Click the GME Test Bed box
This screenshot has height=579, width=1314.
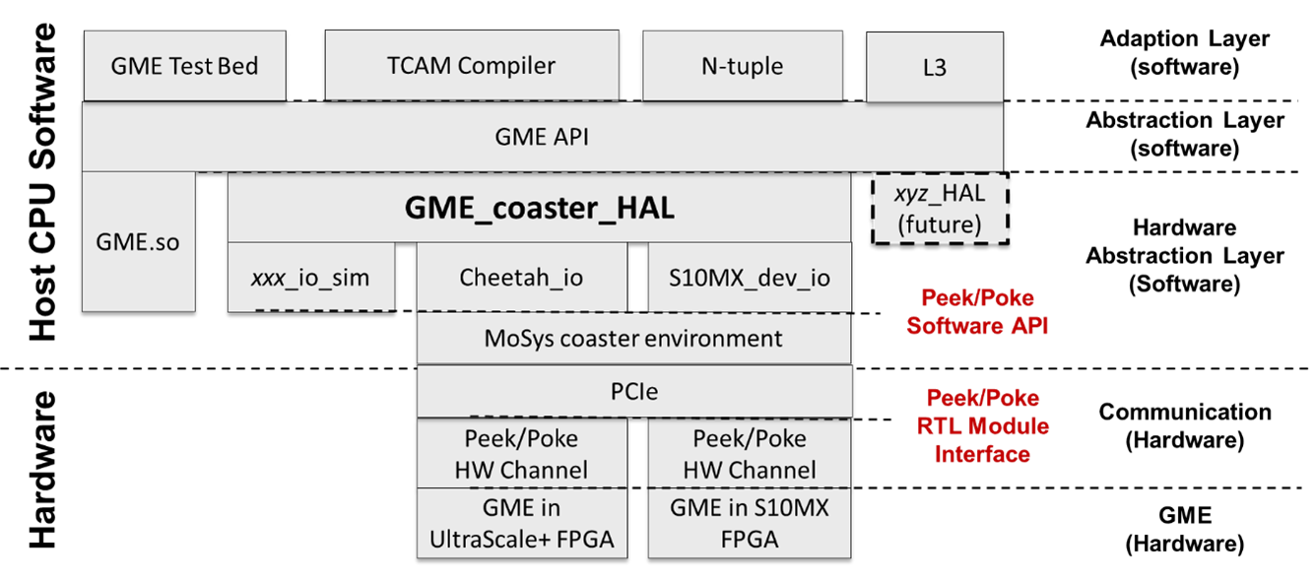click(184, 66)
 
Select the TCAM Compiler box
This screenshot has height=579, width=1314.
click(471, 66)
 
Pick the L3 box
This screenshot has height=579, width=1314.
click(934, 69)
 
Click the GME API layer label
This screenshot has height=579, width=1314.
click(541, 137)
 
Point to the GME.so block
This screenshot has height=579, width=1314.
click(137, 241)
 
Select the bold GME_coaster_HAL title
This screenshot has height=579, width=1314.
click(540, 209)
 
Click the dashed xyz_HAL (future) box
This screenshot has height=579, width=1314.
click(940, 209)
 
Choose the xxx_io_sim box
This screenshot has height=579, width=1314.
click(310, 278)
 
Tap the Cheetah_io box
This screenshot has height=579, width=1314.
click(521, 278)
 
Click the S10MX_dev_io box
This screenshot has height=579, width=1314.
click(749, 278)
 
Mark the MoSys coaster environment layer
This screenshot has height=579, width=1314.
click(633, 339)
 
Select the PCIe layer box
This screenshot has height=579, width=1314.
click(633, 392)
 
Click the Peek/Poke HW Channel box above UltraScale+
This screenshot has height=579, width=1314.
click(521, 454)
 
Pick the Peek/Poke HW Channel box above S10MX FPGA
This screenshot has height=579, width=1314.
click(749, 454)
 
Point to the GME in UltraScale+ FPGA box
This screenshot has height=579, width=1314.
click(521, 523)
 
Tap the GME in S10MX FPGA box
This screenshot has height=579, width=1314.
click(749, 523)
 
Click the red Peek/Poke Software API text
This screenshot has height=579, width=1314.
click(977, 312)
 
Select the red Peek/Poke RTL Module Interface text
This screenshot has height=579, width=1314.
click(982, 425)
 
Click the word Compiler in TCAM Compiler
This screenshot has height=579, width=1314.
click(506, 66)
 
